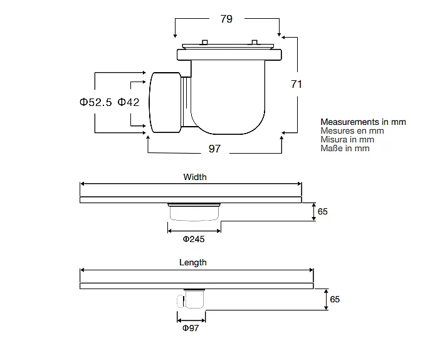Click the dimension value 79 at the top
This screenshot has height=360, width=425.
point(226,19)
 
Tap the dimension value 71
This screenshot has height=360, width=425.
point(296,84)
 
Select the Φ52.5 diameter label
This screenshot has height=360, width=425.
point(95,102)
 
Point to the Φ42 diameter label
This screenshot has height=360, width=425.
point(129,102)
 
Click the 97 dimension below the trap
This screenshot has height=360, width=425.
point(214,149)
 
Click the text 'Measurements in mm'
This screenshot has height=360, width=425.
point(363,122)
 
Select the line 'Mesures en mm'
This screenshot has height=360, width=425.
point(352,130)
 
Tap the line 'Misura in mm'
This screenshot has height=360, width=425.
point(347,140)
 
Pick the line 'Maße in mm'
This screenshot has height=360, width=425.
point(345,149)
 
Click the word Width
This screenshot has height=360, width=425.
point(195,177)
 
